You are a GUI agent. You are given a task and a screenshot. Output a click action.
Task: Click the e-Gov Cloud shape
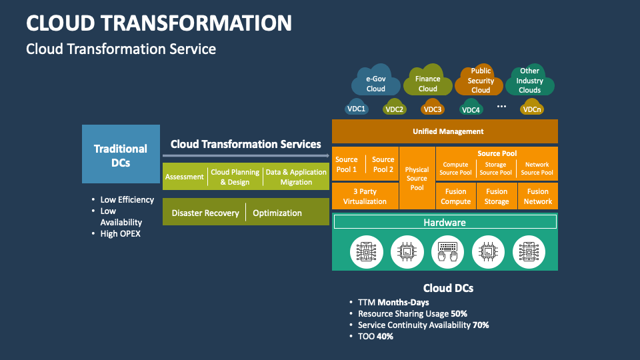tap(375, 83)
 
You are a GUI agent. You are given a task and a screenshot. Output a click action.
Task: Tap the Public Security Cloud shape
tap(480, 81)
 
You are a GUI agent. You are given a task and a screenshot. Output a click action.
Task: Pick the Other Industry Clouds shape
tap(529, 81)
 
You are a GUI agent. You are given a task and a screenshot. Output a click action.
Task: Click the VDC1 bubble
tap(357, 109)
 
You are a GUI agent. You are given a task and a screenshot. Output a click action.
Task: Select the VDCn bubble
tap(531, 109)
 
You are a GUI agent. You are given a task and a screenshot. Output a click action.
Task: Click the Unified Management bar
tap(445, 131)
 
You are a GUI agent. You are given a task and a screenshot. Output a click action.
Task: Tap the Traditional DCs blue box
tap(121, 155)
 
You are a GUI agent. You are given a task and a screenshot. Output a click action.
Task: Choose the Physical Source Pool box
tap(417, 178)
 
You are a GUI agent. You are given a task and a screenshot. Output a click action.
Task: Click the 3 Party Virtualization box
tap(365, 196)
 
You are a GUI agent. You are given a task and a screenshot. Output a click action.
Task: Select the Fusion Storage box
tap(496, 196)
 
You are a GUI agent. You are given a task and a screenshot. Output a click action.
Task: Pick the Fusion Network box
tap(537, 196)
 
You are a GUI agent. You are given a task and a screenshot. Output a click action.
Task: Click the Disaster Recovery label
tap(205, 213)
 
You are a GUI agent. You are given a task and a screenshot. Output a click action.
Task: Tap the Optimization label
tap(277, 213)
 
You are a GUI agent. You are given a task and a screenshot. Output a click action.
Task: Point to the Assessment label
tap(185, 177)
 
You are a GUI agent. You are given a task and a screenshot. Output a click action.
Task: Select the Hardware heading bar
tap(445, 222)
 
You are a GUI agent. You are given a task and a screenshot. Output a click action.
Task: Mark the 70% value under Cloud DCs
tap(481, 325)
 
